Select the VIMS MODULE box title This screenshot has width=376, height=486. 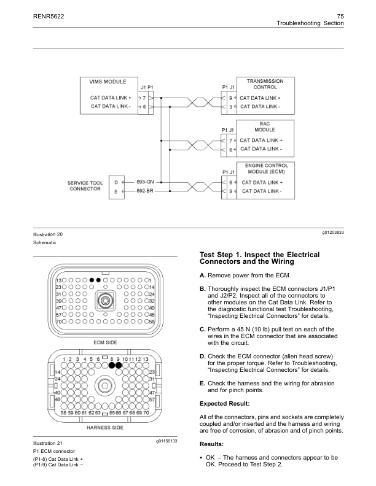point(108,81)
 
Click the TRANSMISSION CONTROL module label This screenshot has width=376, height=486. point(265,84)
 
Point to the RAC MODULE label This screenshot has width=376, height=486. point(265,127)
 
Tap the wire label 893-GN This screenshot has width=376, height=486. point(145,182)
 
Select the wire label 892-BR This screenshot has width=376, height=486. point(145,191)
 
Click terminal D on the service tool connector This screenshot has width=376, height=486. point(116,182)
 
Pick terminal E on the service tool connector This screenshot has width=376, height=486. point(116,191)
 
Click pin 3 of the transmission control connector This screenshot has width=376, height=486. point(230,107)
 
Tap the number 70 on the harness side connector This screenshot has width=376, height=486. point(145,413)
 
